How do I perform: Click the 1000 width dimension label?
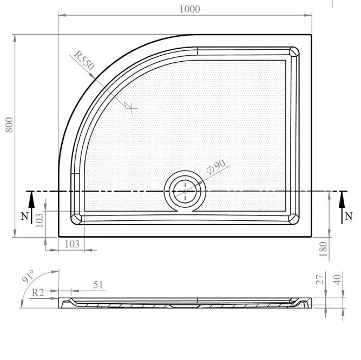coord(189,9)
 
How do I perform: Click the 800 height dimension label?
coord(9,125)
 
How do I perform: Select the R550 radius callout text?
coord(84,60)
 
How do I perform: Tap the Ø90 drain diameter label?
coord(216,167)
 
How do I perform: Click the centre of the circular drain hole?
coord(185,191)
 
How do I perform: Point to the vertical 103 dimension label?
coord(40,220)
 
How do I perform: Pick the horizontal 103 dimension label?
coord(72,244)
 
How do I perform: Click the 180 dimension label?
coord(323,249)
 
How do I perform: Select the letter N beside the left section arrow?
coord(24,217)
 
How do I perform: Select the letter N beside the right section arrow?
coord(349,217)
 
